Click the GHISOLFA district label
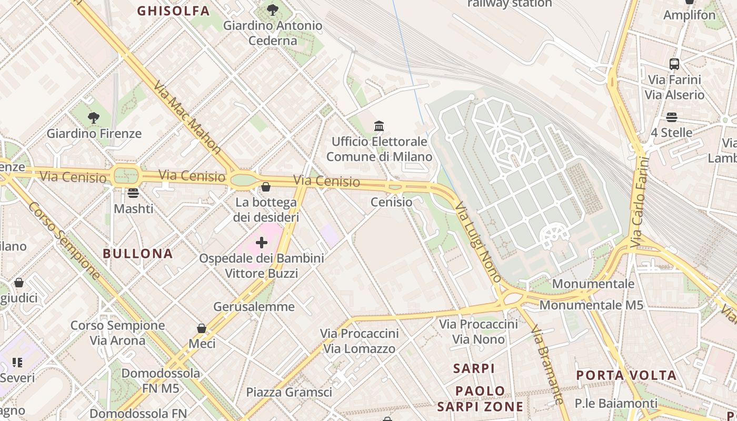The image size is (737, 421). tap(173, 11)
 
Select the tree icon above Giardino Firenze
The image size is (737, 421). tap(94, 118)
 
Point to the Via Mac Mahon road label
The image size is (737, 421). tap(187, 117)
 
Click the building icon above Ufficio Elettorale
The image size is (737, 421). tap(379, 126)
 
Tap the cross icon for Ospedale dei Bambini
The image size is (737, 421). tap(261, 243)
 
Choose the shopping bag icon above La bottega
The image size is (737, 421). tap(266, 187)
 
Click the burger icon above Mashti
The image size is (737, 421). tap(133, 193)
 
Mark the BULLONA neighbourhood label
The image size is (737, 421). tap(138, 254)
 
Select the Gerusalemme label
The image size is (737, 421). tap(254, 306)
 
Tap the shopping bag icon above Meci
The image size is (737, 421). tap(201, 328)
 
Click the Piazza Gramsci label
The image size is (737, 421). tap(289, 392)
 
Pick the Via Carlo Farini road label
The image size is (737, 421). tap(638, 201)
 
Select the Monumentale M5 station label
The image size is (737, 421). tap(591, 305)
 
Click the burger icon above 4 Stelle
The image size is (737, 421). tap(671, 117)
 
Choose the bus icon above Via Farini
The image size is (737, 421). tap(674, 64)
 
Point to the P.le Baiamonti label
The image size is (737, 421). tap(616, 404)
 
